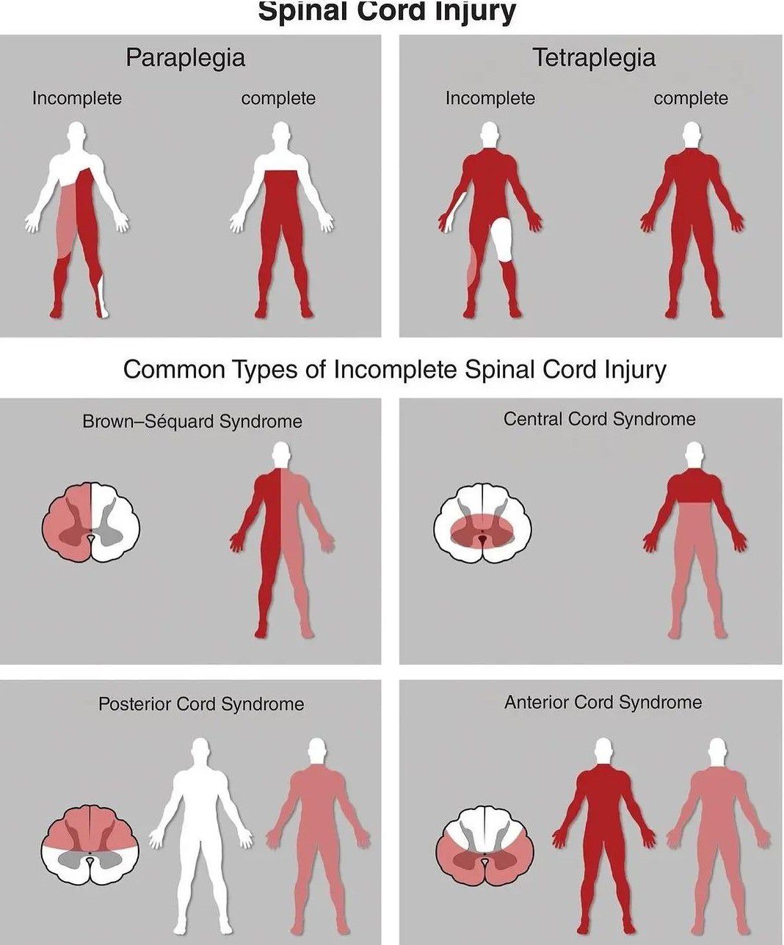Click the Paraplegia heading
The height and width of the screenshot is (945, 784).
pos(185,59)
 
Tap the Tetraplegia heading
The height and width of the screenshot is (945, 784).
pos(594,59)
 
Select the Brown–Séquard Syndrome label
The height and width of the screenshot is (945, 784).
pos(192,422)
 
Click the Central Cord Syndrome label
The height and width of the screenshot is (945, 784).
pos(599,419)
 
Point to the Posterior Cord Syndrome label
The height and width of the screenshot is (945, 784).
pos(201,704)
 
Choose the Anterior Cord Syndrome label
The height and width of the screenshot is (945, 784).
pos(603,702)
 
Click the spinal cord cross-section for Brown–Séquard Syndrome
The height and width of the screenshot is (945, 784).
pos(91,522)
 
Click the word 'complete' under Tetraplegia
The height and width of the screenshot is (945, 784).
pos(691,98)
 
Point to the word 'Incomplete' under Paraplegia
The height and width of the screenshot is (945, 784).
pos(77,98)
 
